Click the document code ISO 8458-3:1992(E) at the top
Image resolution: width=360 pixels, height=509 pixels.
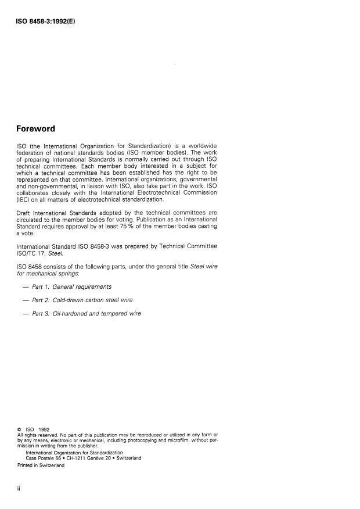point(47,21)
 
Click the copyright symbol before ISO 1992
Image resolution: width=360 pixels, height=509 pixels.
point(20,430)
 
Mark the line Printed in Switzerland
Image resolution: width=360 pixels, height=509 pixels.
point(41,465)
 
